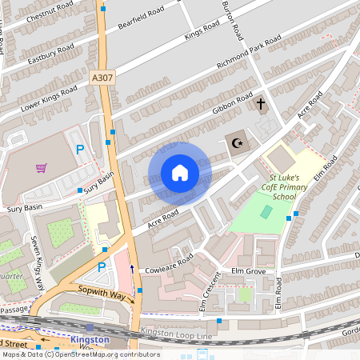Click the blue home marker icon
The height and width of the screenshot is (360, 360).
[x=180, y=173]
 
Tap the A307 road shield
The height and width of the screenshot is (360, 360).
[x=102, y=78]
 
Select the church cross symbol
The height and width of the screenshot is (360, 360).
[x=260, y=104]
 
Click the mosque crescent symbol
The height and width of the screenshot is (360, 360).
[x=236, y=142]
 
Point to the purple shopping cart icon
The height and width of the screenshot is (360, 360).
[x=41, y=168]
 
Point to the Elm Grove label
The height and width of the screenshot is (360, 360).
[x=249, y=272]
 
